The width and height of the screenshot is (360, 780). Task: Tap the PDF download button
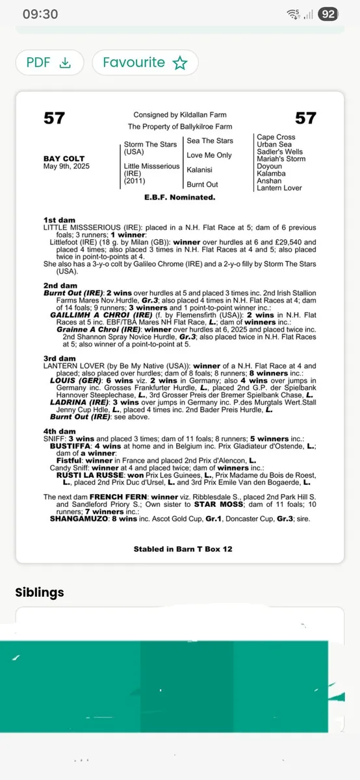pos(49,62)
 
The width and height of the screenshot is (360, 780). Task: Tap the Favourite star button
pos(145,62)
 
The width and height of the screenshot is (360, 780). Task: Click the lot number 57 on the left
pos(54,118)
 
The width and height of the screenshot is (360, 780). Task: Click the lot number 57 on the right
pos(305,118)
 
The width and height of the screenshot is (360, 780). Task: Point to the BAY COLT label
pos(63,159)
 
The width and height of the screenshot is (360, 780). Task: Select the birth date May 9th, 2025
pos(67,166)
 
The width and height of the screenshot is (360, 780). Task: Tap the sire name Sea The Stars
pos(209,140)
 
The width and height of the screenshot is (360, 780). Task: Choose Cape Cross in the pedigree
pos(276,137)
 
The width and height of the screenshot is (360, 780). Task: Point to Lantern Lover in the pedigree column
pos(279,188)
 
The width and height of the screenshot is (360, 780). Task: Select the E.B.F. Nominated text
pos(180,196)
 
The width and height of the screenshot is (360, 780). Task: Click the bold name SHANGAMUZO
pos(77,518)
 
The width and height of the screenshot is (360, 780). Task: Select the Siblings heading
pos(40,592)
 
